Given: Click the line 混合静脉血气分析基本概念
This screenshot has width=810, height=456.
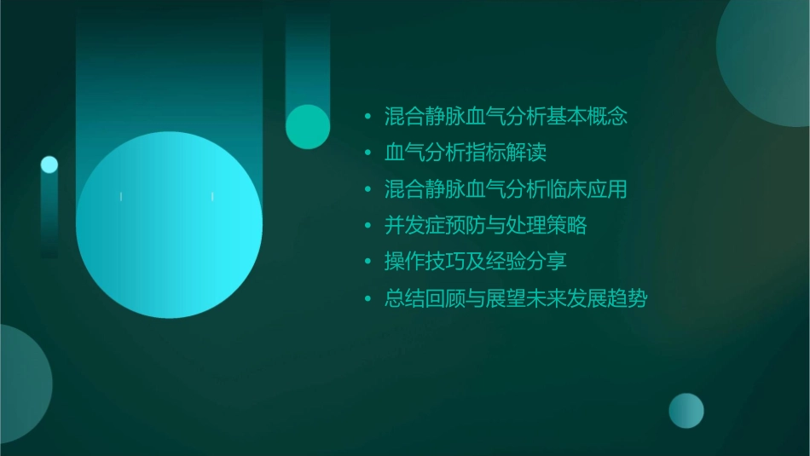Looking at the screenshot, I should [506, 116].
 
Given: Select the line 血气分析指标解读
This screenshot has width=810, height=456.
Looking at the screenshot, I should [465, 153].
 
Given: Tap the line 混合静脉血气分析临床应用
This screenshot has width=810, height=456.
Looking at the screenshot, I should [506, 189].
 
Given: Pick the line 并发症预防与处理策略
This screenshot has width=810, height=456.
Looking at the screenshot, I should [485, 226].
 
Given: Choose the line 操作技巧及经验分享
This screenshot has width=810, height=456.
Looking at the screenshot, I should [475, 262].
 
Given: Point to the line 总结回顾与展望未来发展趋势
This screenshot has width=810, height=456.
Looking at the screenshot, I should [516, 298].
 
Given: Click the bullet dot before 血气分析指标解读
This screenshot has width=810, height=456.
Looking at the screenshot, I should [367, 153].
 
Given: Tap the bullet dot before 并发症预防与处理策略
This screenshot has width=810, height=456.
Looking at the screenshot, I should [367, 227].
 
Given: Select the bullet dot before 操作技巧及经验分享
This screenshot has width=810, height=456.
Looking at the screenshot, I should [367, 263].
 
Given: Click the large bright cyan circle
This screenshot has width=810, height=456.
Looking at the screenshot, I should [169, 225].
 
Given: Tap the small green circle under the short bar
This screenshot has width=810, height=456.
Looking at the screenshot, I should [308, 126].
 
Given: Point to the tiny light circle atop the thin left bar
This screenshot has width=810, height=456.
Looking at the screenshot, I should [49, 165].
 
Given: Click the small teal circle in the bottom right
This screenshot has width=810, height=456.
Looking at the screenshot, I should [686, 410].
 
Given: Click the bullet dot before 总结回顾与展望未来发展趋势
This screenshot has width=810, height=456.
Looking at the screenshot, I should [367, 299].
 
